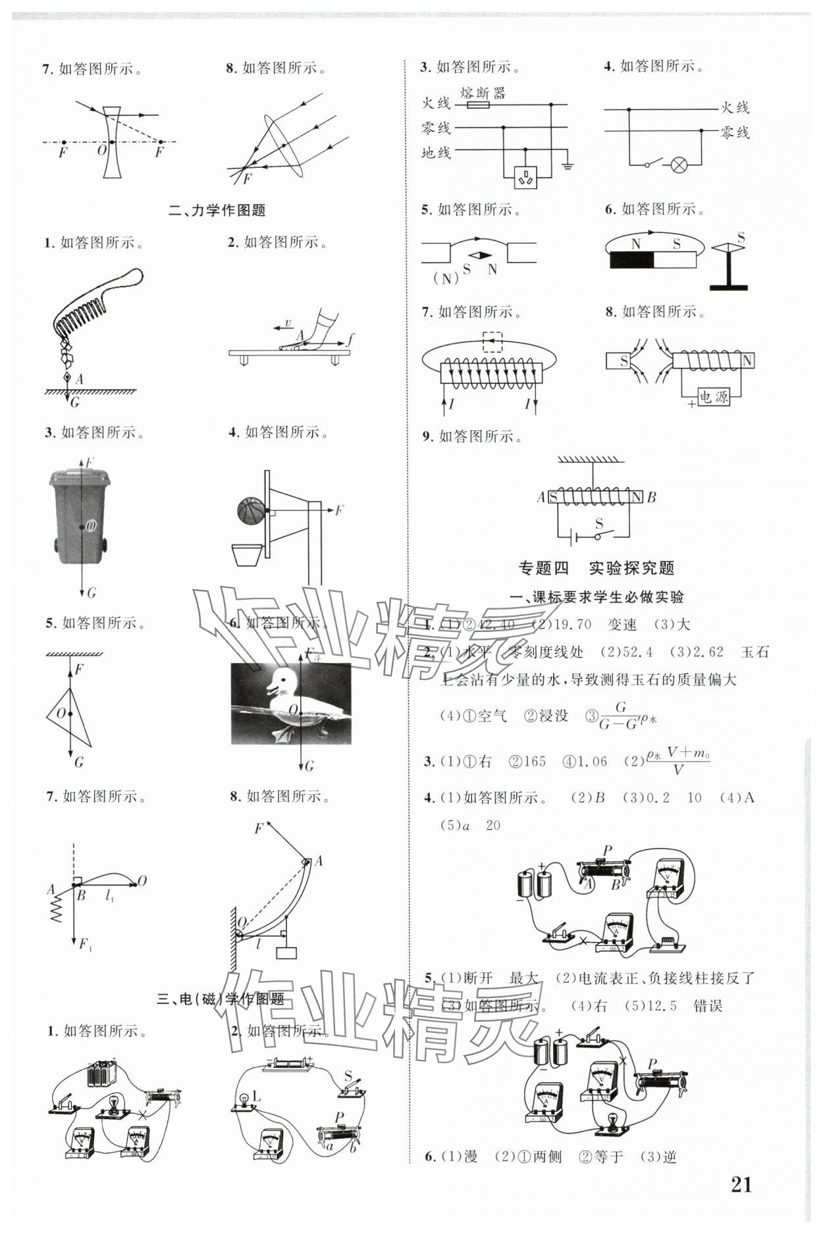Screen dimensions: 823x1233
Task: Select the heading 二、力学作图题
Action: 217,211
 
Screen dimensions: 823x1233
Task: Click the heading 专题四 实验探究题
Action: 597,568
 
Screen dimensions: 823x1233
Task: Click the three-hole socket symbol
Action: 525,176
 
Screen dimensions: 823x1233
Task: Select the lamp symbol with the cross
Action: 679,165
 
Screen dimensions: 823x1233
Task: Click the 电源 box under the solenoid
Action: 713,397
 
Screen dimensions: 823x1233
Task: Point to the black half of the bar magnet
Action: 632,261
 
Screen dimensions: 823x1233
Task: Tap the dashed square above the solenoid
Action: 492,343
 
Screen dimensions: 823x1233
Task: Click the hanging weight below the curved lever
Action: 286,953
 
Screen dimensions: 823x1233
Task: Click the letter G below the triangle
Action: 78,762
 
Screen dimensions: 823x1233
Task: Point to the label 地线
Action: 437,153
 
